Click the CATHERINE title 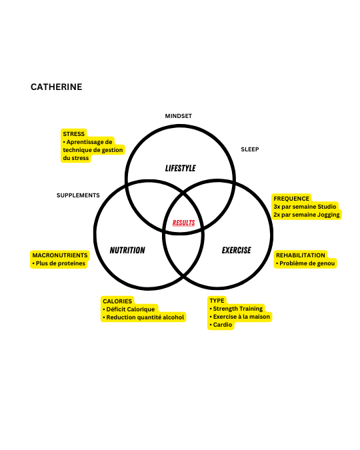[56, 87]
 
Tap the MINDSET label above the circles [178, 116]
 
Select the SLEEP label [250, 149]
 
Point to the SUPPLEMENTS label [78, 195]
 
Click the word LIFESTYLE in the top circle [180, 168]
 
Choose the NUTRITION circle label [127, 250]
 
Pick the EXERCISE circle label [236, 250]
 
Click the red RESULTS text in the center [184, 223]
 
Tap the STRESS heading [74, 134]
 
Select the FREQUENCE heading [291, 199]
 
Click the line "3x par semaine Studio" [305, 207]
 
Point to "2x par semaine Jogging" [307, 215]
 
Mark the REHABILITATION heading [301, 255]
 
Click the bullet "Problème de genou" [305, 263]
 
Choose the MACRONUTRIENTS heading [60, 255]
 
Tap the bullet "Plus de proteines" [59, 263]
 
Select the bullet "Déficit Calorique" [129, 309]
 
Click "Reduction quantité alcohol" [143, 317]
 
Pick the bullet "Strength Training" [236, 309]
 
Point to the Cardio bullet [221, 325]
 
